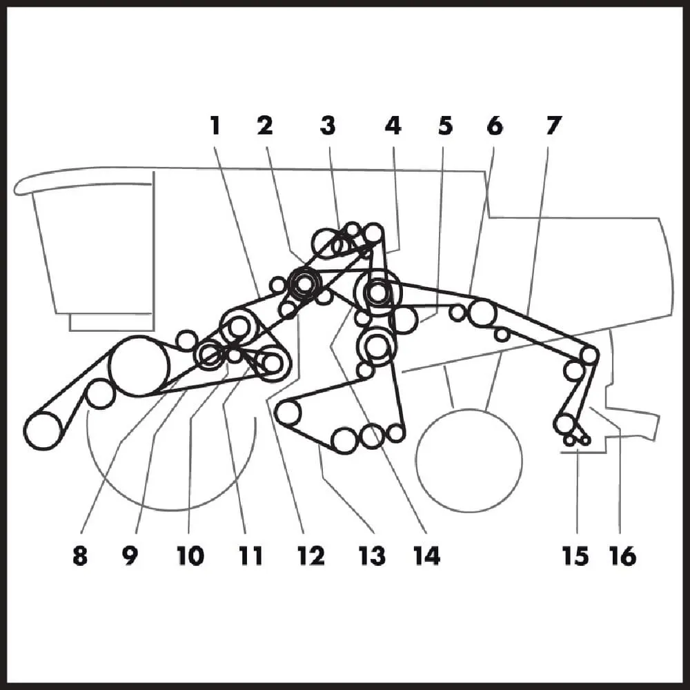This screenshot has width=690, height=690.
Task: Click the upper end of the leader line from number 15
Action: [578, 449]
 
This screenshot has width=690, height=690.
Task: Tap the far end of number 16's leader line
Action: [591, 408]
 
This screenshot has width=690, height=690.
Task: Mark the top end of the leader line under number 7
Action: [549, 148]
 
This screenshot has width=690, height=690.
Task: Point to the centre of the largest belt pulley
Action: [139, 366]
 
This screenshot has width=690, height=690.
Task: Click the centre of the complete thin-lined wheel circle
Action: [469, 460]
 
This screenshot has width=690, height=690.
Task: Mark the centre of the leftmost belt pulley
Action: [43, 431]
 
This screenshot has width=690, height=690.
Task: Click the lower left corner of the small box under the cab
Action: [70, 330]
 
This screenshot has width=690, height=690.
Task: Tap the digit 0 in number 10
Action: [196, 555]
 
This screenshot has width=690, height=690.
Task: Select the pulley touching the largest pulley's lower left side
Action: [101, 393]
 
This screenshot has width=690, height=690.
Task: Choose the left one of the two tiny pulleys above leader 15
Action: [569, 440]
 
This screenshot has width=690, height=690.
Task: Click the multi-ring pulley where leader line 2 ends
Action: [304, 284]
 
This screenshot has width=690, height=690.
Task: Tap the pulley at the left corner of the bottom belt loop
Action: [288, 413]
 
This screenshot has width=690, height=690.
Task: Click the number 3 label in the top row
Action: [328, 126]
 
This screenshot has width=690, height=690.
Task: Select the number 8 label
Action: [80, 555]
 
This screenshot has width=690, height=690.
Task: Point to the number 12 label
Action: [311, 555]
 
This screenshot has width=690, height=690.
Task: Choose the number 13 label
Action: [373, 555]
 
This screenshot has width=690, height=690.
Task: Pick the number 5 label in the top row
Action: [445, 126]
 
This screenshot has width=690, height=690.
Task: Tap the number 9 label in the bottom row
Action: [130, 555]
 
